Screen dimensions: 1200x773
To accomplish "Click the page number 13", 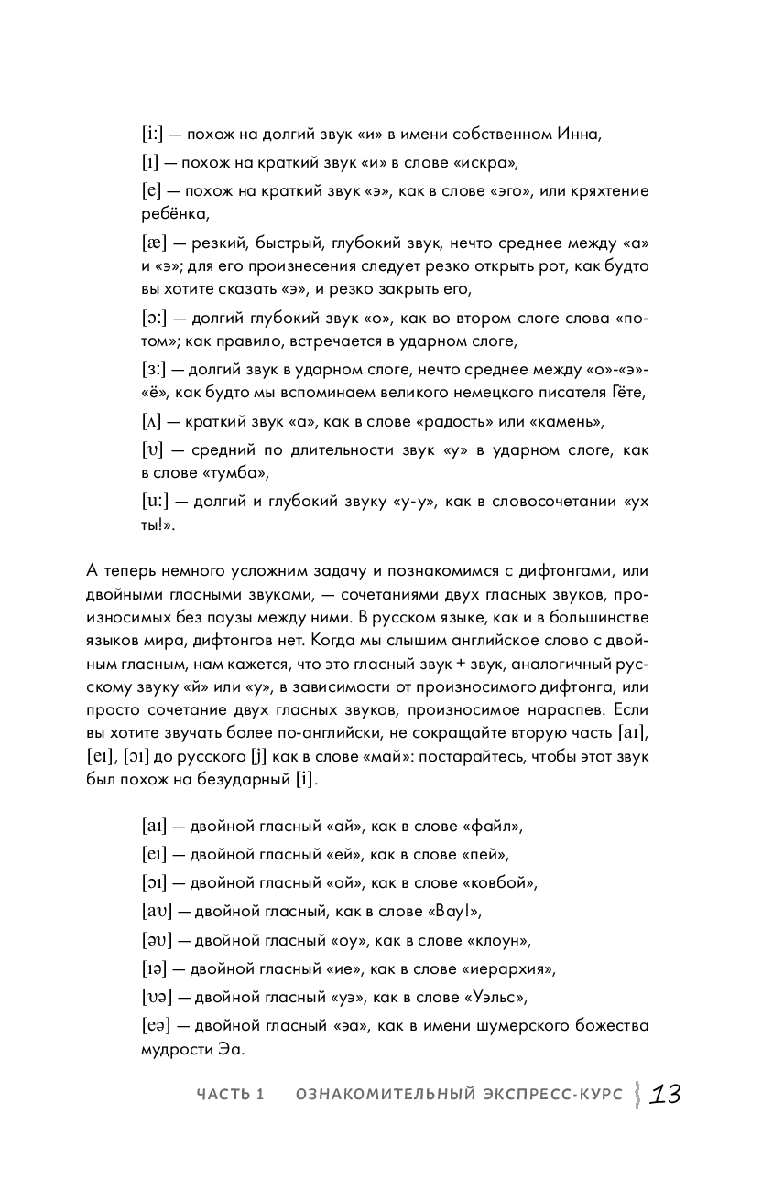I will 665,1095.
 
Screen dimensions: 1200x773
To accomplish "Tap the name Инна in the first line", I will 577,135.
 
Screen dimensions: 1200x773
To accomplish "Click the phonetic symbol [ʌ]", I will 152,422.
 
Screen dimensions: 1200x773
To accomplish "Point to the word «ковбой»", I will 500,883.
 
